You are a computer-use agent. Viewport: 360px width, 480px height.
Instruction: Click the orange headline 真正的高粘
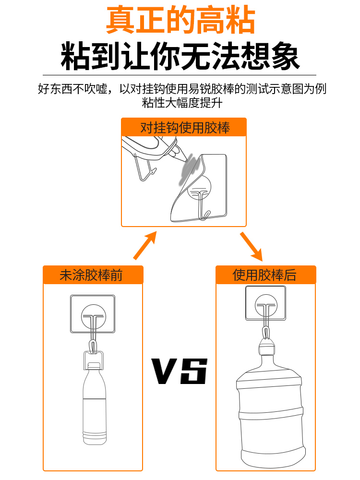180,20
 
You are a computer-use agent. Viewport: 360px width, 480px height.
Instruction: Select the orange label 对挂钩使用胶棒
184,127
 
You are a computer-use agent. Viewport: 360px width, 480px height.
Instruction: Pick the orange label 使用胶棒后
265,275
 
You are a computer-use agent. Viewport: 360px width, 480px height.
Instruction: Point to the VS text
180,371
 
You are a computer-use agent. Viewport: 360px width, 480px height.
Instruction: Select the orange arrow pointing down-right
251,246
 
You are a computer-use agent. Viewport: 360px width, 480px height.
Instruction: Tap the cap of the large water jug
267,346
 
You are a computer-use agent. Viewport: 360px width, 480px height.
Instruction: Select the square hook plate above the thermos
93,314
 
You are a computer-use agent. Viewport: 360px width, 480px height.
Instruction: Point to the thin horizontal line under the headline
180,75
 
